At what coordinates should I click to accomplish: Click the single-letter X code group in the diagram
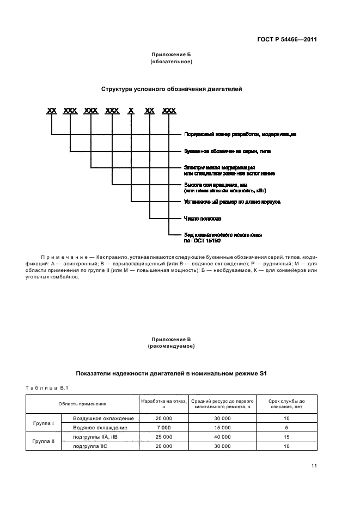click(x=131, y=111)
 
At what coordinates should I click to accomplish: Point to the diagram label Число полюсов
click(x=203, y=218)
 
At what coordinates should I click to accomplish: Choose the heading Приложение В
click(x=171, y=339)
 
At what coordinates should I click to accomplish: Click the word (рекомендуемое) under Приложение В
click(x=171, y=346)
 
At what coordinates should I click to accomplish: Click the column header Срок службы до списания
click(x=286, y=404)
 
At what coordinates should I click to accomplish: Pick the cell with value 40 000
click(x=222, y=437)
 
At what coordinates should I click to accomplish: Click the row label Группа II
click(x=43, y=441)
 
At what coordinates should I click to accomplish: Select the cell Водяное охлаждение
click(x=100, y=428)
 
